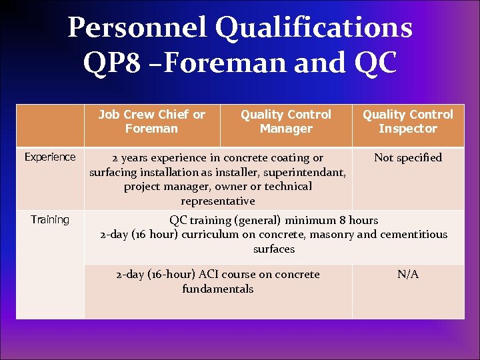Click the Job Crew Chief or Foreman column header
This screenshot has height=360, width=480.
click(152, 121)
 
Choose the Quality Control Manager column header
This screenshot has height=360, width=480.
click(286, 121)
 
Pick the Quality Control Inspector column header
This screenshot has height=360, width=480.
click(408, 121)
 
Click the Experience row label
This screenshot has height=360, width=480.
click(50, 157)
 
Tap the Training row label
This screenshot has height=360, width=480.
click(50, 220)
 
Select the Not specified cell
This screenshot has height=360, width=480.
click(408, 158)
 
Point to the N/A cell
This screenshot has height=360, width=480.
click(408, 275)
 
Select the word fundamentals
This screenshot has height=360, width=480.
click(218, 289)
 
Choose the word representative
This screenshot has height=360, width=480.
click(218, 201)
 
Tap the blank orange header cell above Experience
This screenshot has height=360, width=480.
click(50, 125)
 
